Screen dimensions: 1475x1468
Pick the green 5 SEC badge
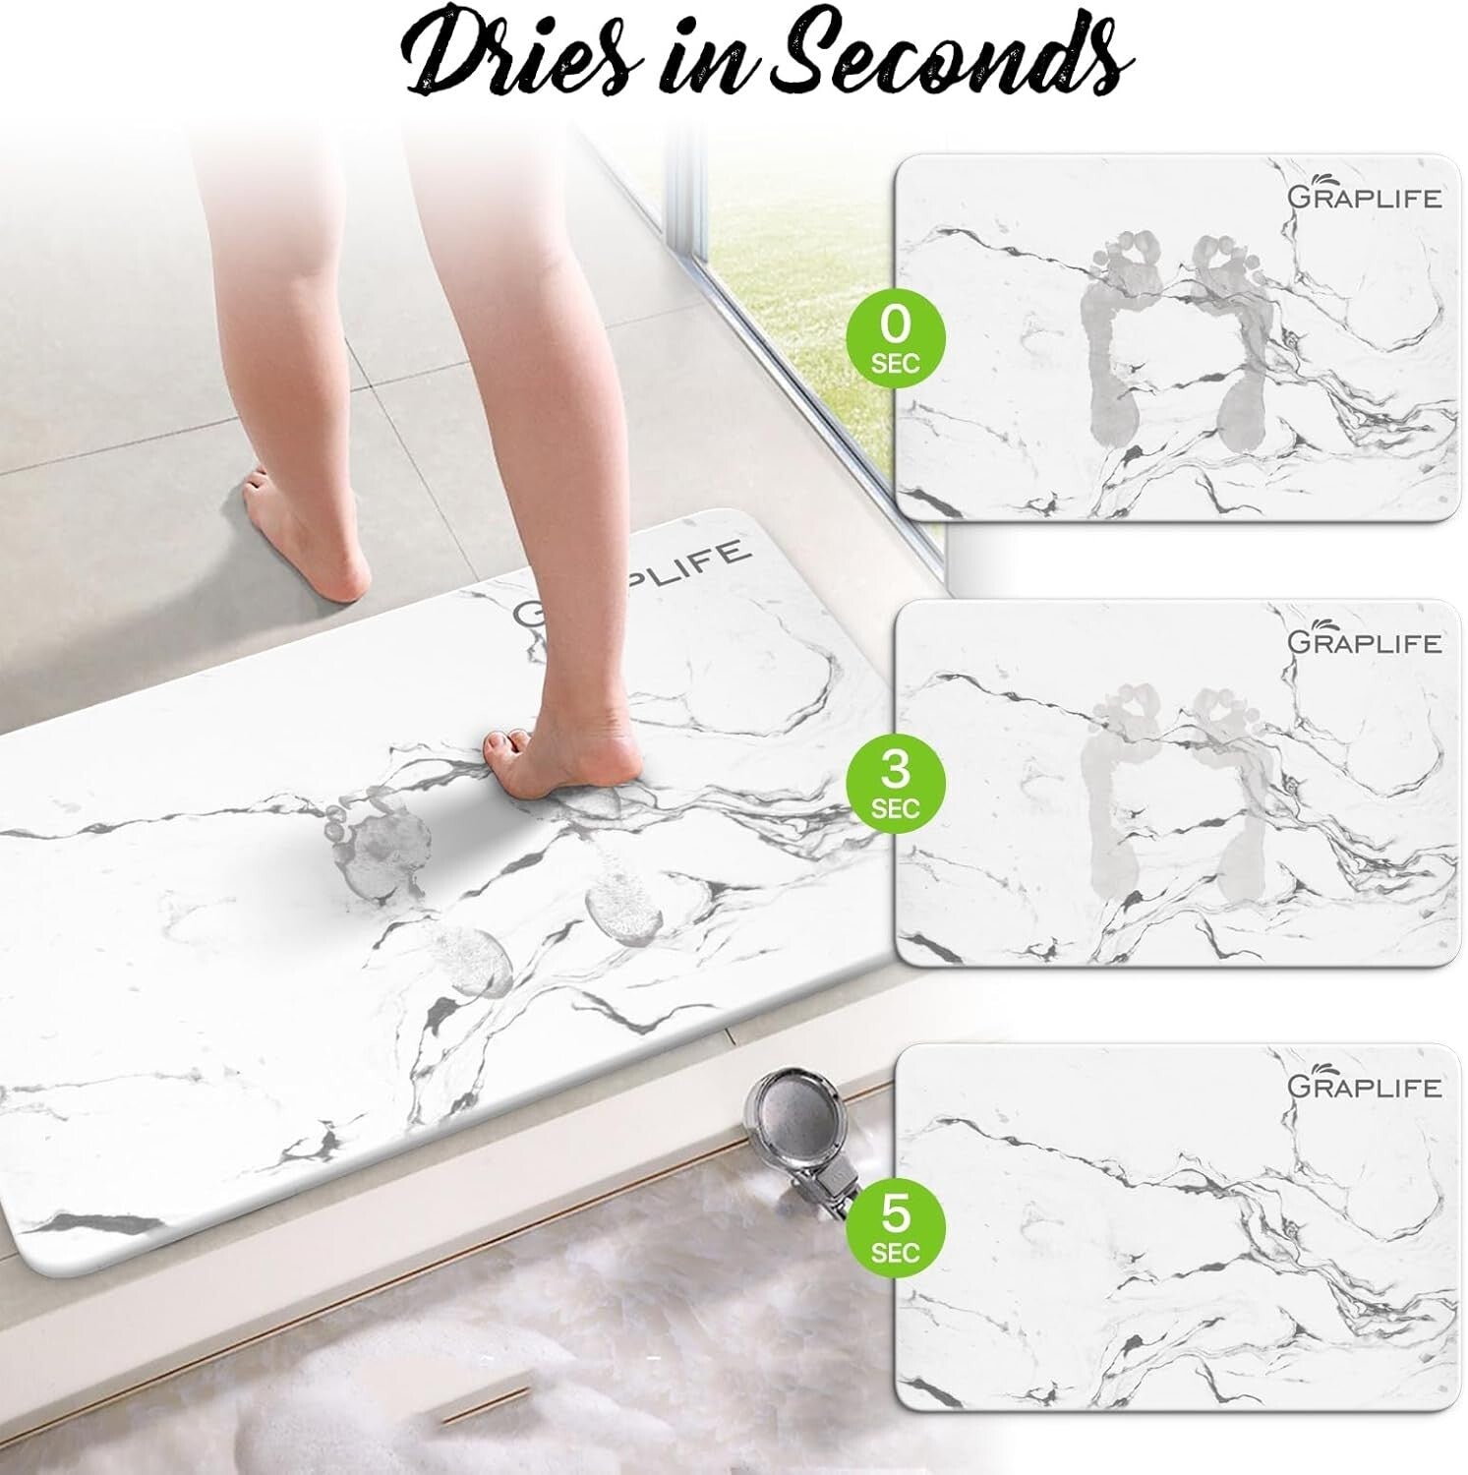[895, 1226]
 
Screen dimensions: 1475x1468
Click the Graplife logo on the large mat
[629, 586]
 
